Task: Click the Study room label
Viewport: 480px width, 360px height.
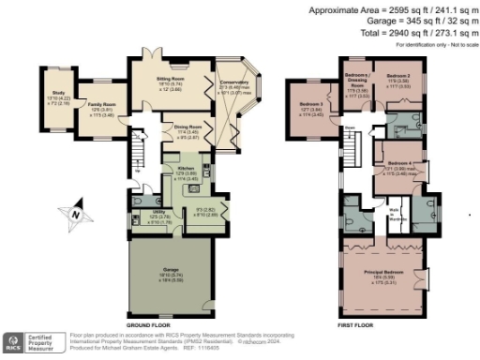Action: click(x=55, y=70)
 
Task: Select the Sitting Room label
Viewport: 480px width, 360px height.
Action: click(x=171, y=79)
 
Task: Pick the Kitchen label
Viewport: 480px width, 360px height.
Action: click(x=187, y=171)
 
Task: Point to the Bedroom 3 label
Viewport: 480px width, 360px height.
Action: click(x=310, y=105)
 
